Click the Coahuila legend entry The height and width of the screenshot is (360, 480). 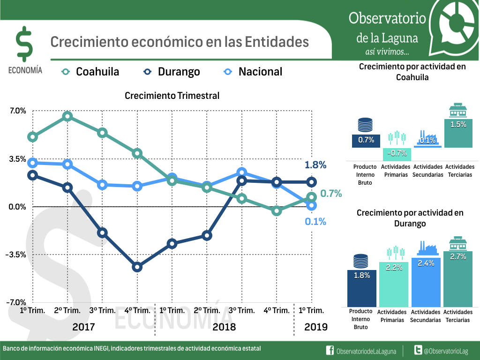coord(91,72)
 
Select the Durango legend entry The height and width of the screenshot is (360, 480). coord(172,72)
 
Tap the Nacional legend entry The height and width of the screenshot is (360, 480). coord(254,72)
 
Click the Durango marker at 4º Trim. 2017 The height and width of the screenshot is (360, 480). coord(137,267)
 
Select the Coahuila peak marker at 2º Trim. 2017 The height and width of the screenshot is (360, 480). coord(67,116)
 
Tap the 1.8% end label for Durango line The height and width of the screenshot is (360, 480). coord(315,165)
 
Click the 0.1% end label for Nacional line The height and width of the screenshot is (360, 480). coord(315,222)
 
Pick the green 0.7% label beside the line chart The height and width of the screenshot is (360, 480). coord(331,194)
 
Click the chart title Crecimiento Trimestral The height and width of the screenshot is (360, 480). coord(172,96)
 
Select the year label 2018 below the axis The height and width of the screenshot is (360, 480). coord(224,327)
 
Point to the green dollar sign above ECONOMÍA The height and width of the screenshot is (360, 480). coord(24,44)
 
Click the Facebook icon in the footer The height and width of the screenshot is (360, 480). coord(330,351)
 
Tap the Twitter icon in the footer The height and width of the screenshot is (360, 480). coord(418,351)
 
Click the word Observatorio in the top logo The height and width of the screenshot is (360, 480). coord(387,18)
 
